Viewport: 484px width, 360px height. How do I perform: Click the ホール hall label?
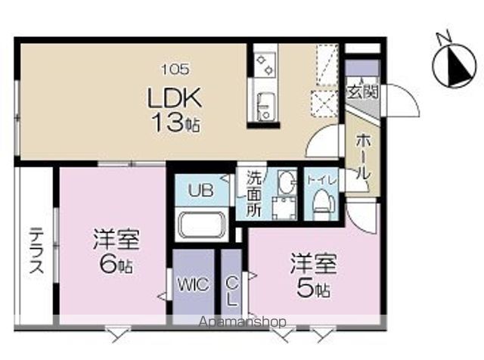(x=361, y=156)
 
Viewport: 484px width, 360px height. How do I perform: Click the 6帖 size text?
(x=114, y=265)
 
